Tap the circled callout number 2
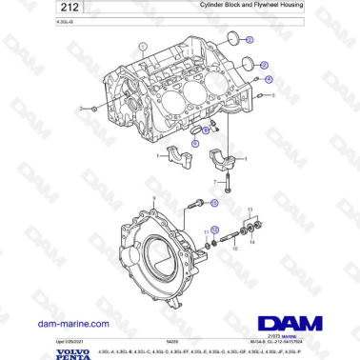[250, 40]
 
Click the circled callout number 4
[269, 80]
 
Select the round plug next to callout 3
[249, 64]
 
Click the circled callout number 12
[216, 230]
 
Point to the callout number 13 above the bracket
[250, 209]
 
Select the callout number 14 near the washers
[252, 242]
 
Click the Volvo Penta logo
[23, 350]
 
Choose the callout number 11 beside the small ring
[207, 231]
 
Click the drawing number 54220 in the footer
[172, 341]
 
